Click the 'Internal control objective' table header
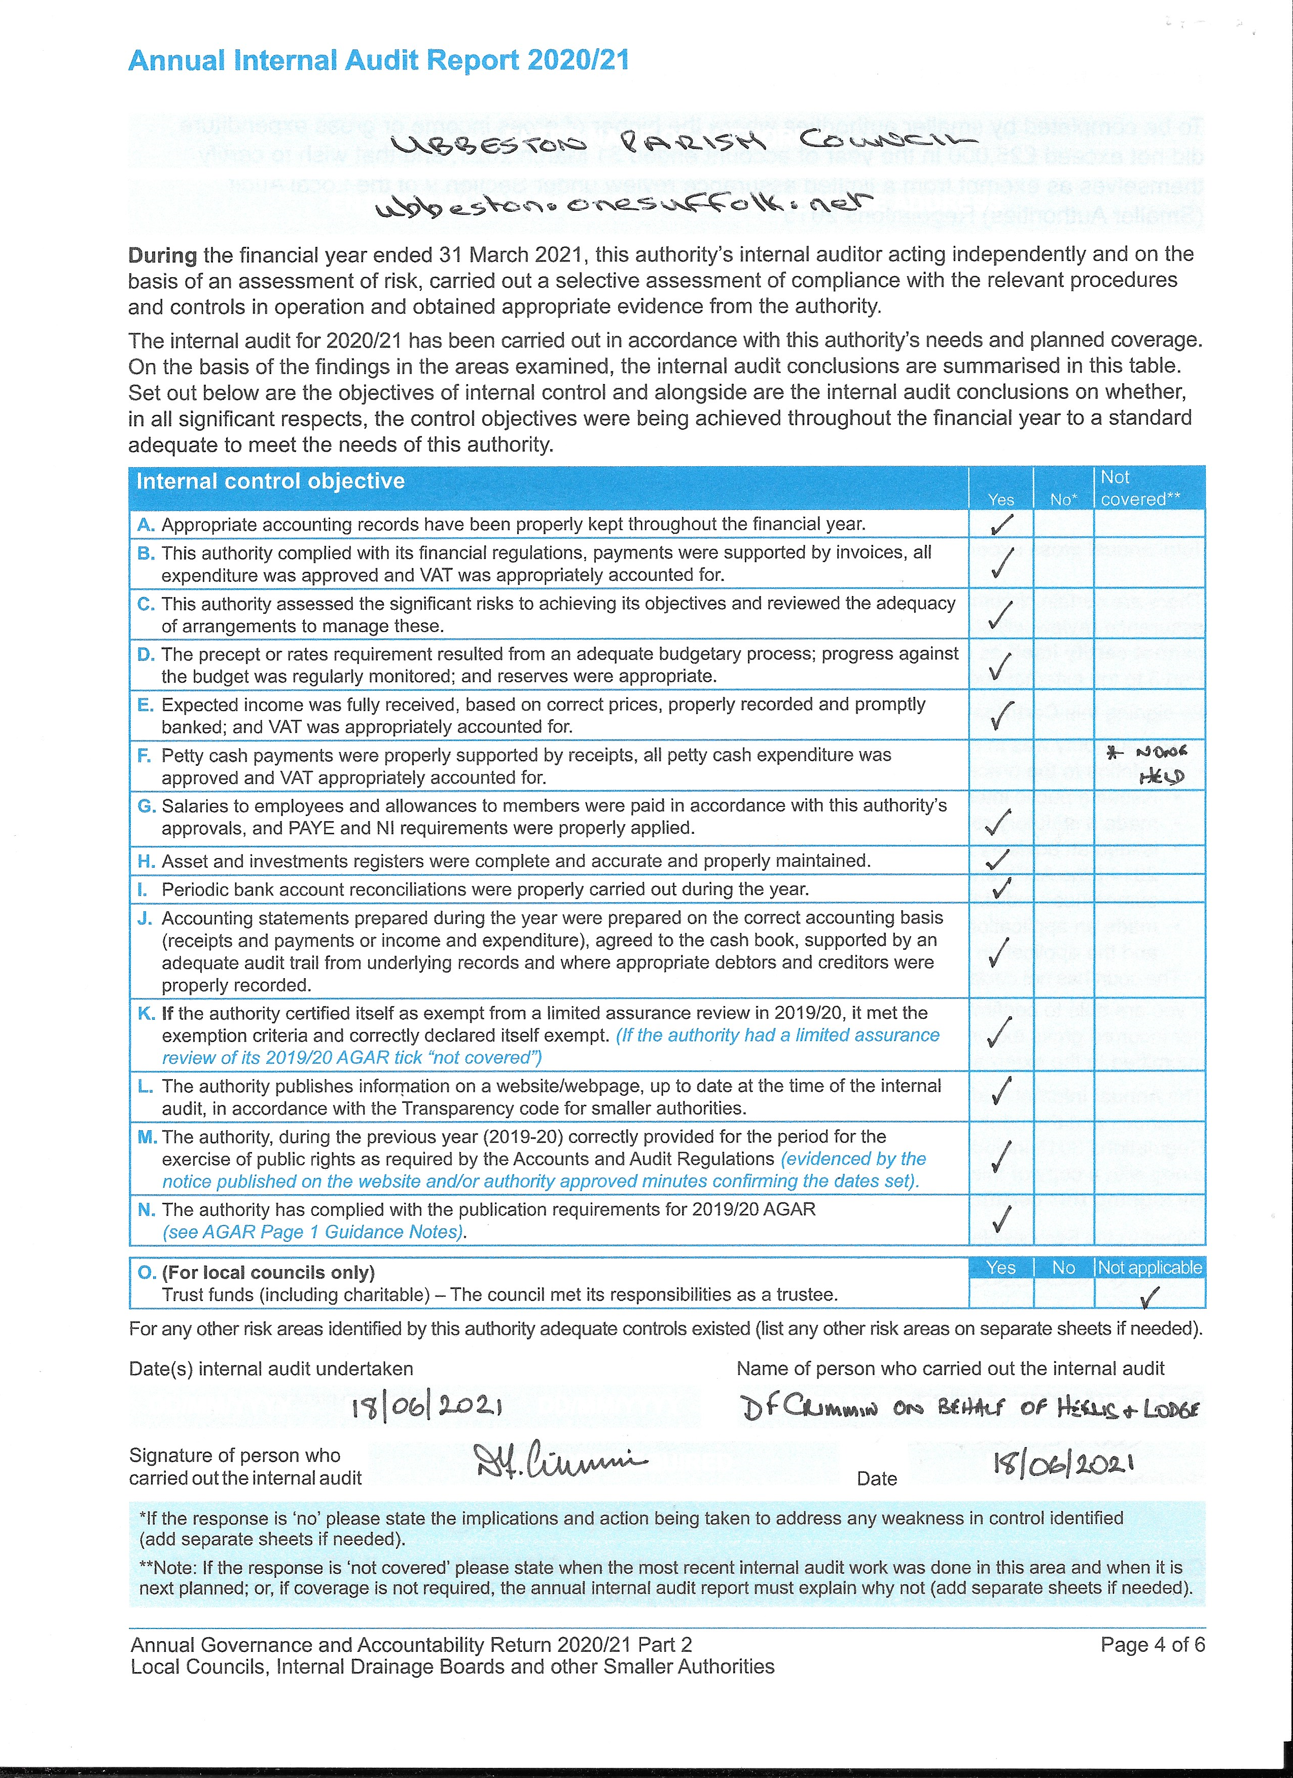(x=271, y=481)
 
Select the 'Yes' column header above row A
(x=1000, y=499)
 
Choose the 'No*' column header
(x=1063, y=499)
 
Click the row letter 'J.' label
(x=145, y=918)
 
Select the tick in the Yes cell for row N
(x=1000, y=1218)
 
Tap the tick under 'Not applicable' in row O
(x=1148, y=1299)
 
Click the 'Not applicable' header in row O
(x=1150, y=1268)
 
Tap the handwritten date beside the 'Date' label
(x=1064, y=1463)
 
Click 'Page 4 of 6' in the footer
(x=1152, y=1645)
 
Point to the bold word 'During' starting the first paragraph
(x=162, y=255)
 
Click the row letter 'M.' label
(x=147, y=1137)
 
